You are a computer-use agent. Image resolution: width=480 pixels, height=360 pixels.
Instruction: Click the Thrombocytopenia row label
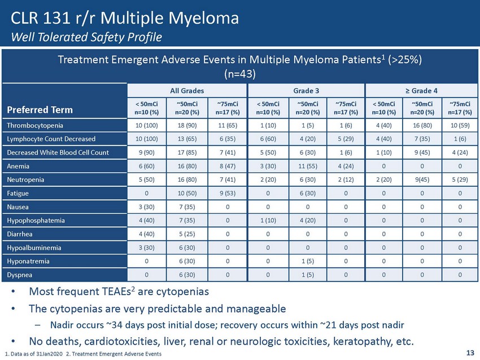pyautogui.click(x=34, y=124)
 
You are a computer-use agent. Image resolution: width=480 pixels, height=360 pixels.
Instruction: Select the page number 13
pyautogui.click(x=470, y=353)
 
